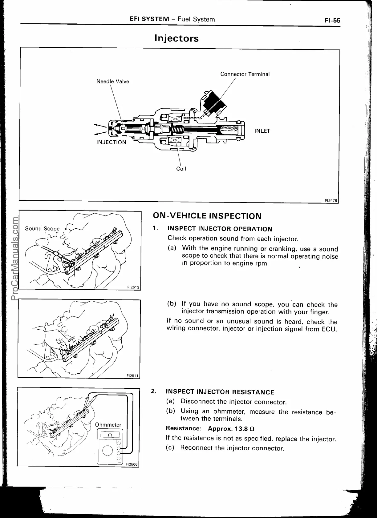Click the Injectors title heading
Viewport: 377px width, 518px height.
click(176, 38)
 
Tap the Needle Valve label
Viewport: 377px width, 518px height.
click(113, 82)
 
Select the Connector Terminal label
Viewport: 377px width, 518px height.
click(245, 74)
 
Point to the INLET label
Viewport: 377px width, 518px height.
click(262, 131)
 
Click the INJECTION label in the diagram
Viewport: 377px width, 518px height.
click(111, 142)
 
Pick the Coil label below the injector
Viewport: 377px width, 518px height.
click(181, 169)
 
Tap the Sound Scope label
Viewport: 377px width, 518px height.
click(42, 228)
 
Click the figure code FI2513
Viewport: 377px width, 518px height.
click(133, 287)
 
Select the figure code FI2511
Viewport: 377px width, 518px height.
click(133, 376)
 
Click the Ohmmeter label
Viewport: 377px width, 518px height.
click(108, 425)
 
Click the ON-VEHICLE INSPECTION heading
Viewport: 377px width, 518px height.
click(207, 216)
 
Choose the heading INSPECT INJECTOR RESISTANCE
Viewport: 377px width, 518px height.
click(220, 392)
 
